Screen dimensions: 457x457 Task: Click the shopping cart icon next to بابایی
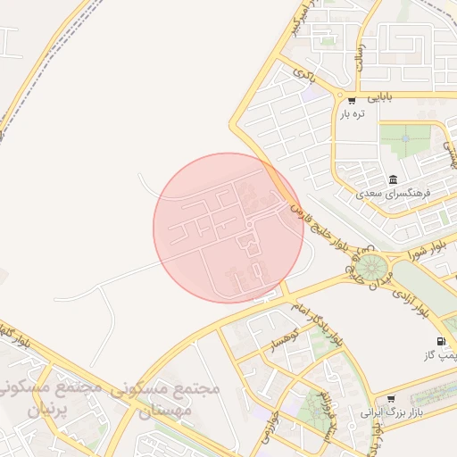352,100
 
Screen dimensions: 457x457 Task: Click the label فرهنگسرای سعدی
393,193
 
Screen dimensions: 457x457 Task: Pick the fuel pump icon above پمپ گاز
441,341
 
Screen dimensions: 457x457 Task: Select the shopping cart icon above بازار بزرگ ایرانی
390,399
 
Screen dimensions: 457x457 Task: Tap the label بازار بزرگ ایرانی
389,413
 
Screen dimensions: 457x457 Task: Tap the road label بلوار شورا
414,252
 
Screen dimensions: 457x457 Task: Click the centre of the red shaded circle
228,228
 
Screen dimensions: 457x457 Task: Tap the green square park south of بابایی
405,138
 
